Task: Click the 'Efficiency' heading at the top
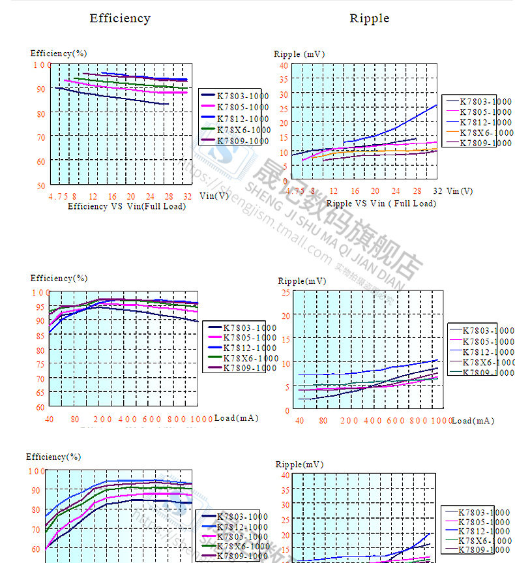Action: click(x=120, y=18)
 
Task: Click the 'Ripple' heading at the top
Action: click(x=369, y=18)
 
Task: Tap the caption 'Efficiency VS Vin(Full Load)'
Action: click(x=126, y=206)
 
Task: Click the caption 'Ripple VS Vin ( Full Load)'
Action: click(x=381, y=204)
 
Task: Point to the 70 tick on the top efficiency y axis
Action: click(x=41, y=137)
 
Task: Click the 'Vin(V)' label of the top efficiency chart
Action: click(x=214, y=195)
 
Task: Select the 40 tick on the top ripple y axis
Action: click(x=283, y=66)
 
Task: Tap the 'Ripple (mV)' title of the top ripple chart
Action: click(x=299, y=54)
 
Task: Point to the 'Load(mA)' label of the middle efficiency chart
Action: click(x=236, y=418)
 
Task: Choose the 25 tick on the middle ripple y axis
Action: click(x=285, y=292)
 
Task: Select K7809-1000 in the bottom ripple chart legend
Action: click(x=484, y=550)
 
